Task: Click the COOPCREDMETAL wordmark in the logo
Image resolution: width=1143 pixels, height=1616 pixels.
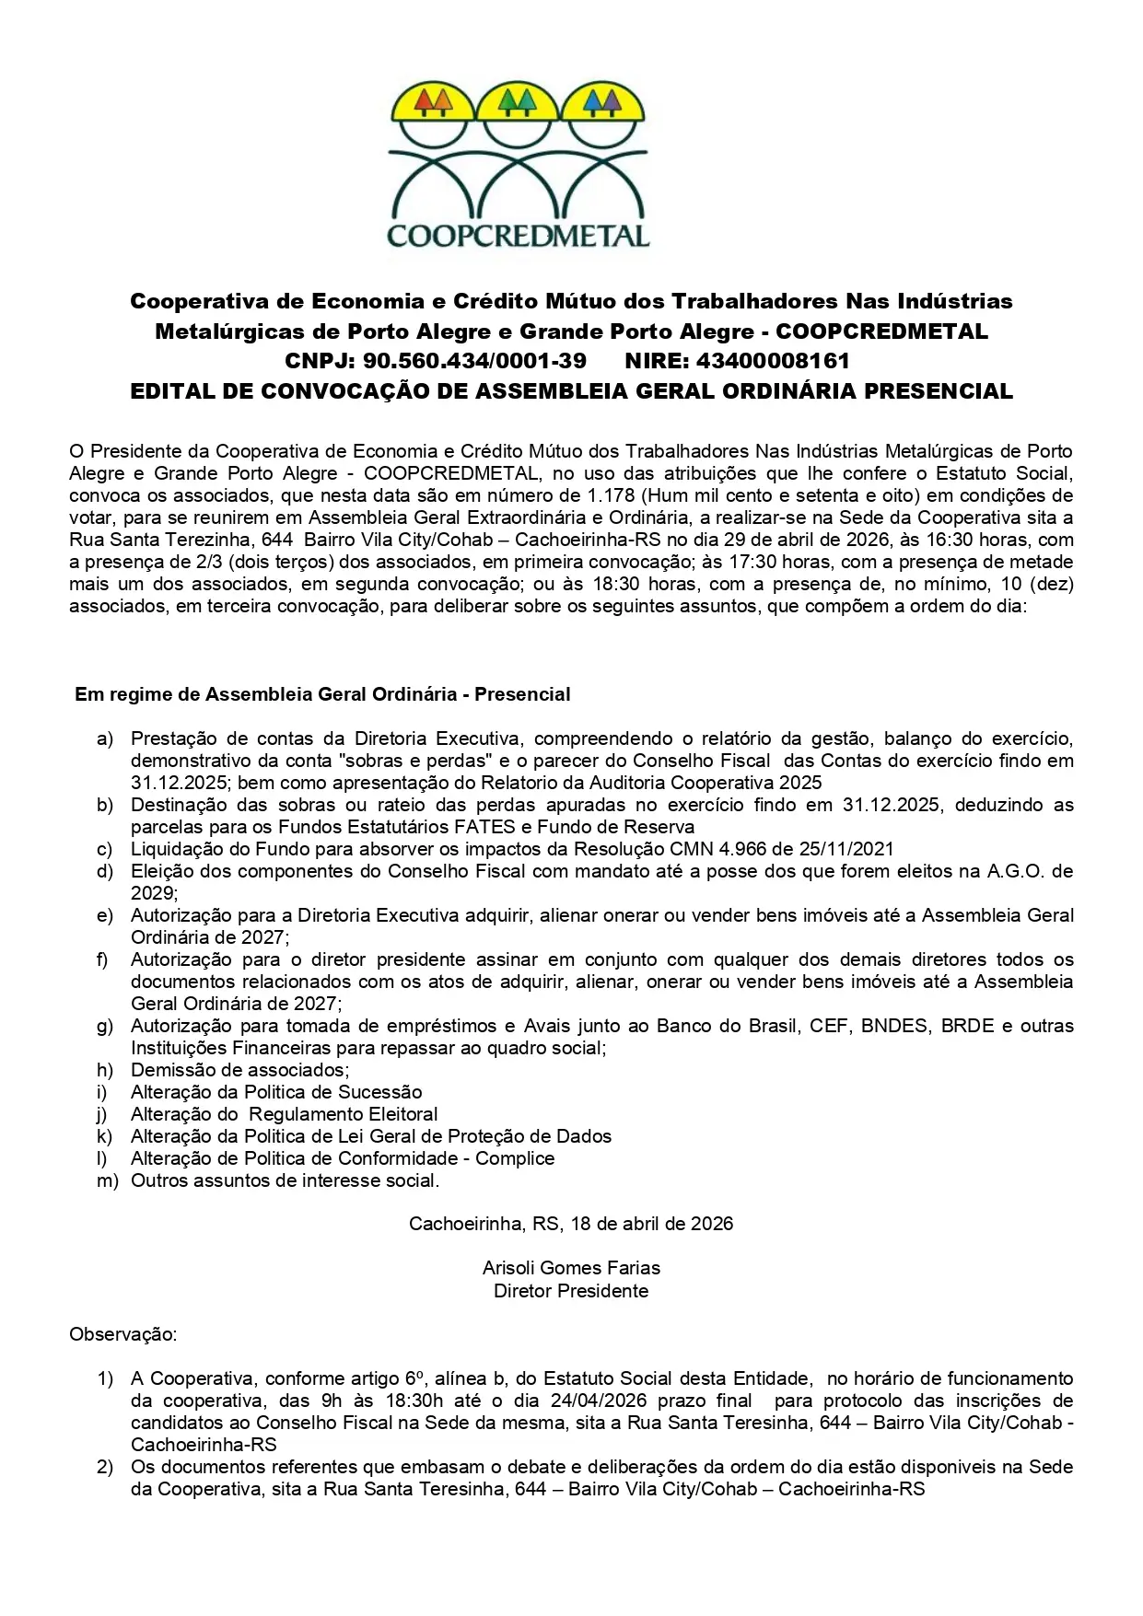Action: click(519, 235)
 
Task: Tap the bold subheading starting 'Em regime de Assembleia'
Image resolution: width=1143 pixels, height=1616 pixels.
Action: click(322, 694)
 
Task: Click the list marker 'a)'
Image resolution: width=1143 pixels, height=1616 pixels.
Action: click(105, 738)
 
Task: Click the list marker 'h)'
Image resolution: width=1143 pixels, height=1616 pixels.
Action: click(105, 1070)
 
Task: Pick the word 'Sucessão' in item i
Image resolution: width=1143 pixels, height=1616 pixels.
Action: click(380, 1092)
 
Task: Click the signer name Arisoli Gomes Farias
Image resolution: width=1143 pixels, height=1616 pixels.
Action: click(571, 1268)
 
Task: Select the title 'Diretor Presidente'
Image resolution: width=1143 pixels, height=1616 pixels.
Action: click(571, 1291)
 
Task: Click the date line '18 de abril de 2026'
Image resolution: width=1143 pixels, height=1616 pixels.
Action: click(651, 1224)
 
